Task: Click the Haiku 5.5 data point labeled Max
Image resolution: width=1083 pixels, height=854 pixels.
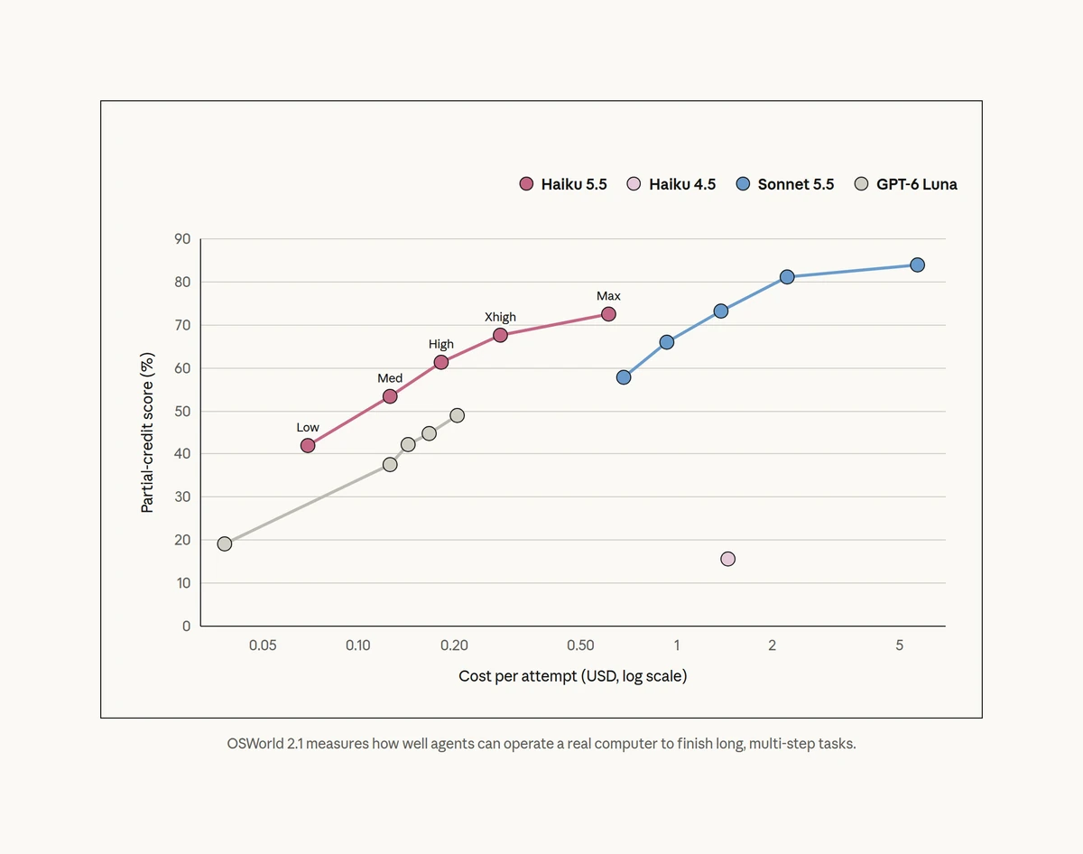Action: pos(608,314)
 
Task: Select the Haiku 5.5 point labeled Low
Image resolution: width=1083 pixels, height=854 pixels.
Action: pos(308,446)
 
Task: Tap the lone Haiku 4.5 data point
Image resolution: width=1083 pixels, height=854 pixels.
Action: pos(727,559)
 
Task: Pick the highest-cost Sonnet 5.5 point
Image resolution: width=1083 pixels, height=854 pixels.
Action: pos(918,265)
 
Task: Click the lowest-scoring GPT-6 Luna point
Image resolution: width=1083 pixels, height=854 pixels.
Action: pos(225,543)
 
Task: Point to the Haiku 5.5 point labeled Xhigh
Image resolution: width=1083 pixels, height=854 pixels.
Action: pos(500,335)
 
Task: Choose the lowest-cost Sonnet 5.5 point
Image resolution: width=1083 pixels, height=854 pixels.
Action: pos(624,377)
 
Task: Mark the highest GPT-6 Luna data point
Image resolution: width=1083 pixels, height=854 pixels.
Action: pos(457,415)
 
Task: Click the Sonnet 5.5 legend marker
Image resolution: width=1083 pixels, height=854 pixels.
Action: pos(743,184)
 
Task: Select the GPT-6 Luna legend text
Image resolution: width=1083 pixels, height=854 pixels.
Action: pos(917,184)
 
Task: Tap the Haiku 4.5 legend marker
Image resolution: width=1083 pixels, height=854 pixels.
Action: pos(634,184)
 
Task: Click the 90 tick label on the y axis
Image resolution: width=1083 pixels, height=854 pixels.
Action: pos(182,238)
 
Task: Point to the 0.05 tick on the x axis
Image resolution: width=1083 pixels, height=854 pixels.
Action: pos(263,645)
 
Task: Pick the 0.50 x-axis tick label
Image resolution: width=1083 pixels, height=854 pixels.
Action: pos(580,645)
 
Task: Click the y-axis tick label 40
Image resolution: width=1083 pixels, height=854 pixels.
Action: pos(182,454)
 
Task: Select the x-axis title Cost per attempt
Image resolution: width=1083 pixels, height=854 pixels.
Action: pos(573,676)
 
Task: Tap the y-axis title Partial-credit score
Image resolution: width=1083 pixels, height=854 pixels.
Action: pos(147,432)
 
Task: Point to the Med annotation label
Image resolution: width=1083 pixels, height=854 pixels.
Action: pos(390,378)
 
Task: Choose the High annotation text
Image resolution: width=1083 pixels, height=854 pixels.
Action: pos(440,345)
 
